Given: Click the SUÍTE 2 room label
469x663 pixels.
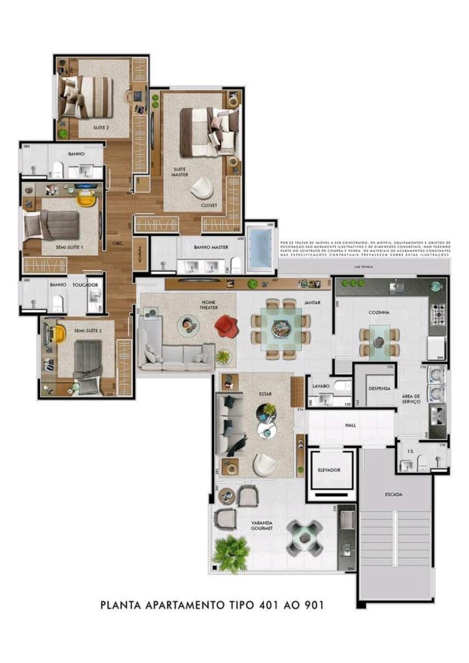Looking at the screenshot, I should [x=100, y=128].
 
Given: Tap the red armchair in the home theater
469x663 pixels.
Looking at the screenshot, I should [x=225, y=325].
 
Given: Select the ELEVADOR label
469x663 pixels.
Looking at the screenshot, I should [x=329, y=470].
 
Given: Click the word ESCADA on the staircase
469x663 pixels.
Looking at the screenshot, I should [x=393, y=494].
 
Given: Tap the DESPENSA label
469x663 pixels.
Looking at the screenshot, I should [x=380, y=388].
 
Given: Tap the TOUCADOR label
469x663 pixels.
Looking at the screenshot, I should [x=86, y=285].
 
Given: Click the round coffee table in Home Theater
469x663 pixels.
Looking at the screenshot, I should [x=188, y=325].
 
